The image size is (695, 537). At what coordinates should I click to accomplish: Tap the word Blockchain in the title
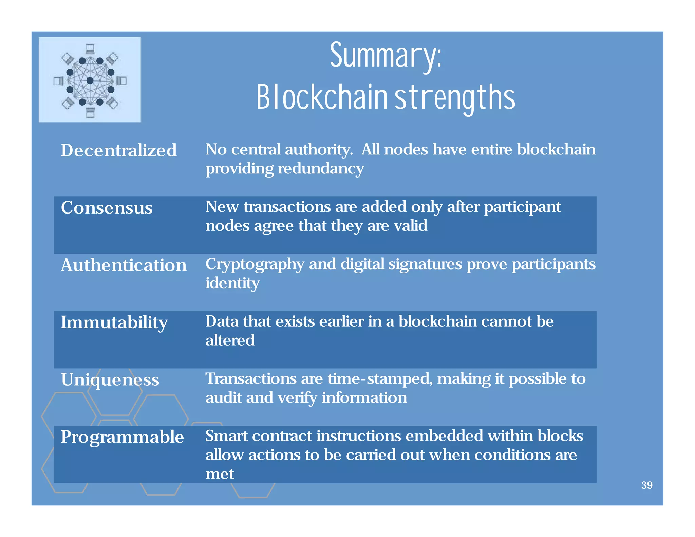click(322, 98)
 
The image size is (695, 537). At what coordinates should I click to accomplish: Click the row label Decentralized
click(119, 150)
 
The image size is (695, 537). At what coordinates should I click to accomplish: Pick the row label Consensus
click(107, 208)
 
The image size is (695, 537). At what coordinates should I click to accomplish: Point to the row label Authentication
click(124, 265)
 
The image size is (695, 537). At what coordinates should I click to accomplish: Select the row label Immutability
click(114, 322)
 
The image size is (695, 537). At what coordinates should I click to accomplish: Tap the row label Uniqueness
click(110, 380)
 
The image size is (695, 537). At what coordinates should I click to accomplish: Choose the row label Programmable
click(122, 437)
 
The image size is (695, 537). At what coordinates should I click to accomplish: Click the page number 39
click(646, 485)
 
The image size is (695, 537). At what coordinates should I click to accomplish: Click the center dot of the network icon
click(90, 81)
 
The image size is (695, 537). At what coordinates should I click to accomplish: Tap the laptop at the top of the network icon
click(90, 50)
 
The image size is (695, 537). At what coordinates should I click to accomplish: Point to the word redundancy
click(321, 169)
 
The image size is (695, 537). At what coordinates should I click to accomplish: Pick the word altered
click(230, 340)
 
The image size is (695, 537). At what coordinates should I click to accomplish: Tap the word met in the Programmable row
click(220, 474)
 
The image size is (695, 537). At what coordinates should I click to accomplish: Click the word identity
click(232, 283)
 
